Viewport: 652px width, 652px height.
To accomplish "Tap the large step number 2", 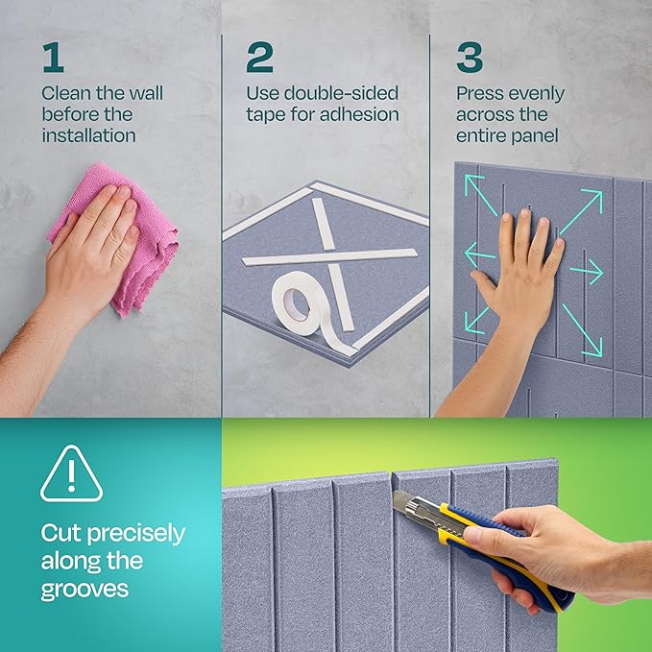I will tap(259, 59).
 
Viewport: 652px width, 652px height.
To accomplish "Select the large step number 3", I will tap(470, 59).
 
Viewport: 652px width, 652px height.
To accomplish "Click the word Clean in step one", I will tap(65, 94).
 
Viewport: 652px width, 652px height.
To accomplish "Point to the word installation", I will tap(87, 135).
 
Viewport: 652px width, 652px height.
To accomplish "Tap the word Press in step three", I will tap(480, 94).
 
